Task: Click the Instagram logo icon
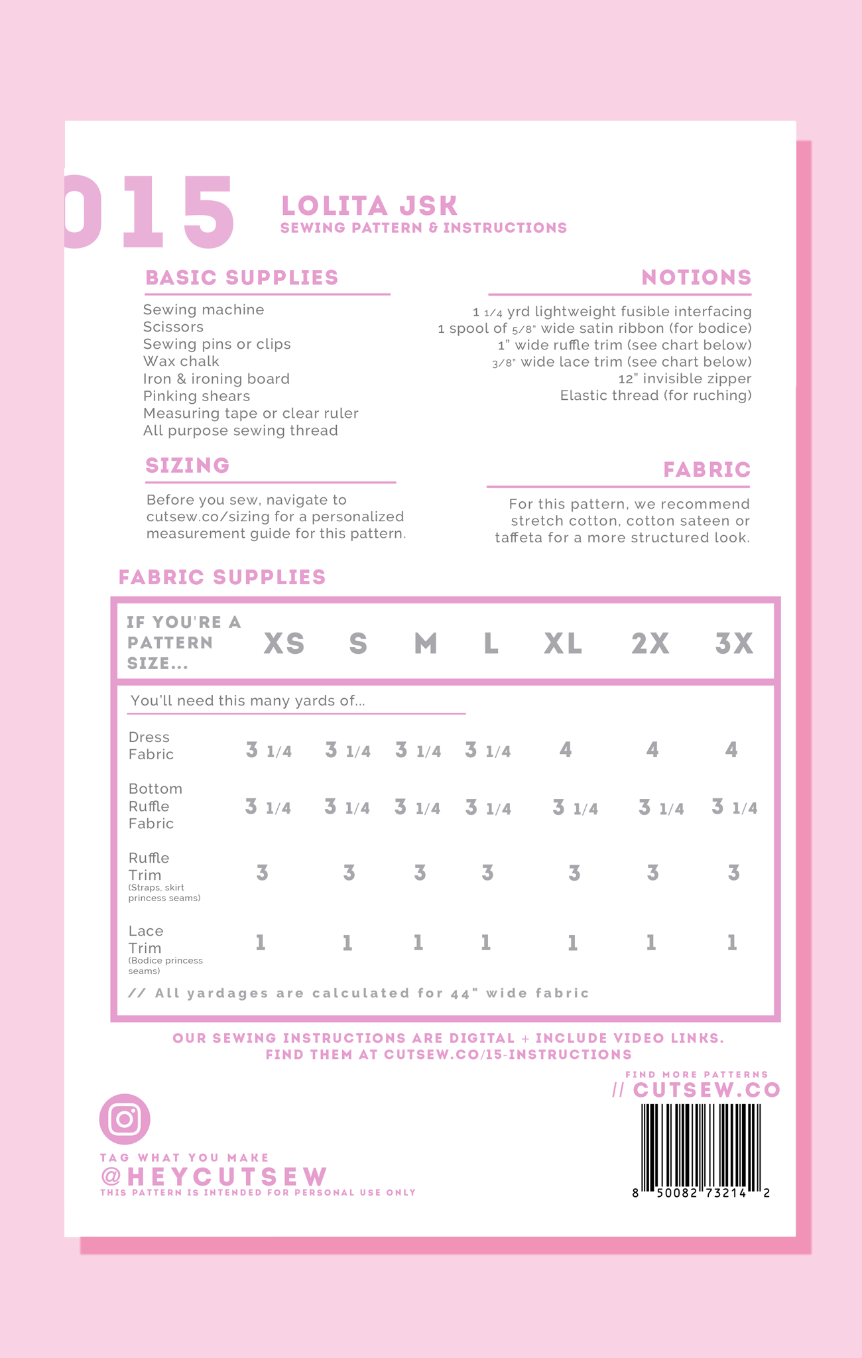tap(125, 1119)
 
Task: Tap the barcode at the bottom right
tap(701, 1148)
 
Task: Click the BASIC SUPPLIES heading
tap(242, 278)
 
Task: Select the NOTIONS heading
tap(696, 278)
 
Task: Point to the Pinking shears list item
tap(196, 397)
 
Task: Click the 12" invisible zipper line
tap(684, 379)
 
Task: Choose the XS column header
tap(284, 644)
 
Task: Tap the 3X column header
tap(734, 644)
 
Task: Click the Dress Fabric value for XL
tap(566, 751)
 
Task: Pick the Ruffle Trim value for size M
tap(420, 873)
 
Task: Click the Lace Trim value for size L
tap(486, 943)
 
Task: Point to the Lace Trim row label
tap(146, 940)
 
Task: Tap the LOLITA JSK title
tap(369, 206)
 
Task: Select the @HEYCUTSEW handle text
tap(214, 1176)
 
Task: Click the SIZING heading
tap(188, 465)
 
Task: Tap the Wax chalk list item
tap(181, 362)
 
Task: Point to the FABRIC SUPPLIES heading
tap(222, 578)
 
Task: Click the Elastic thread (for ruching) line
tap(656, 396)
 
